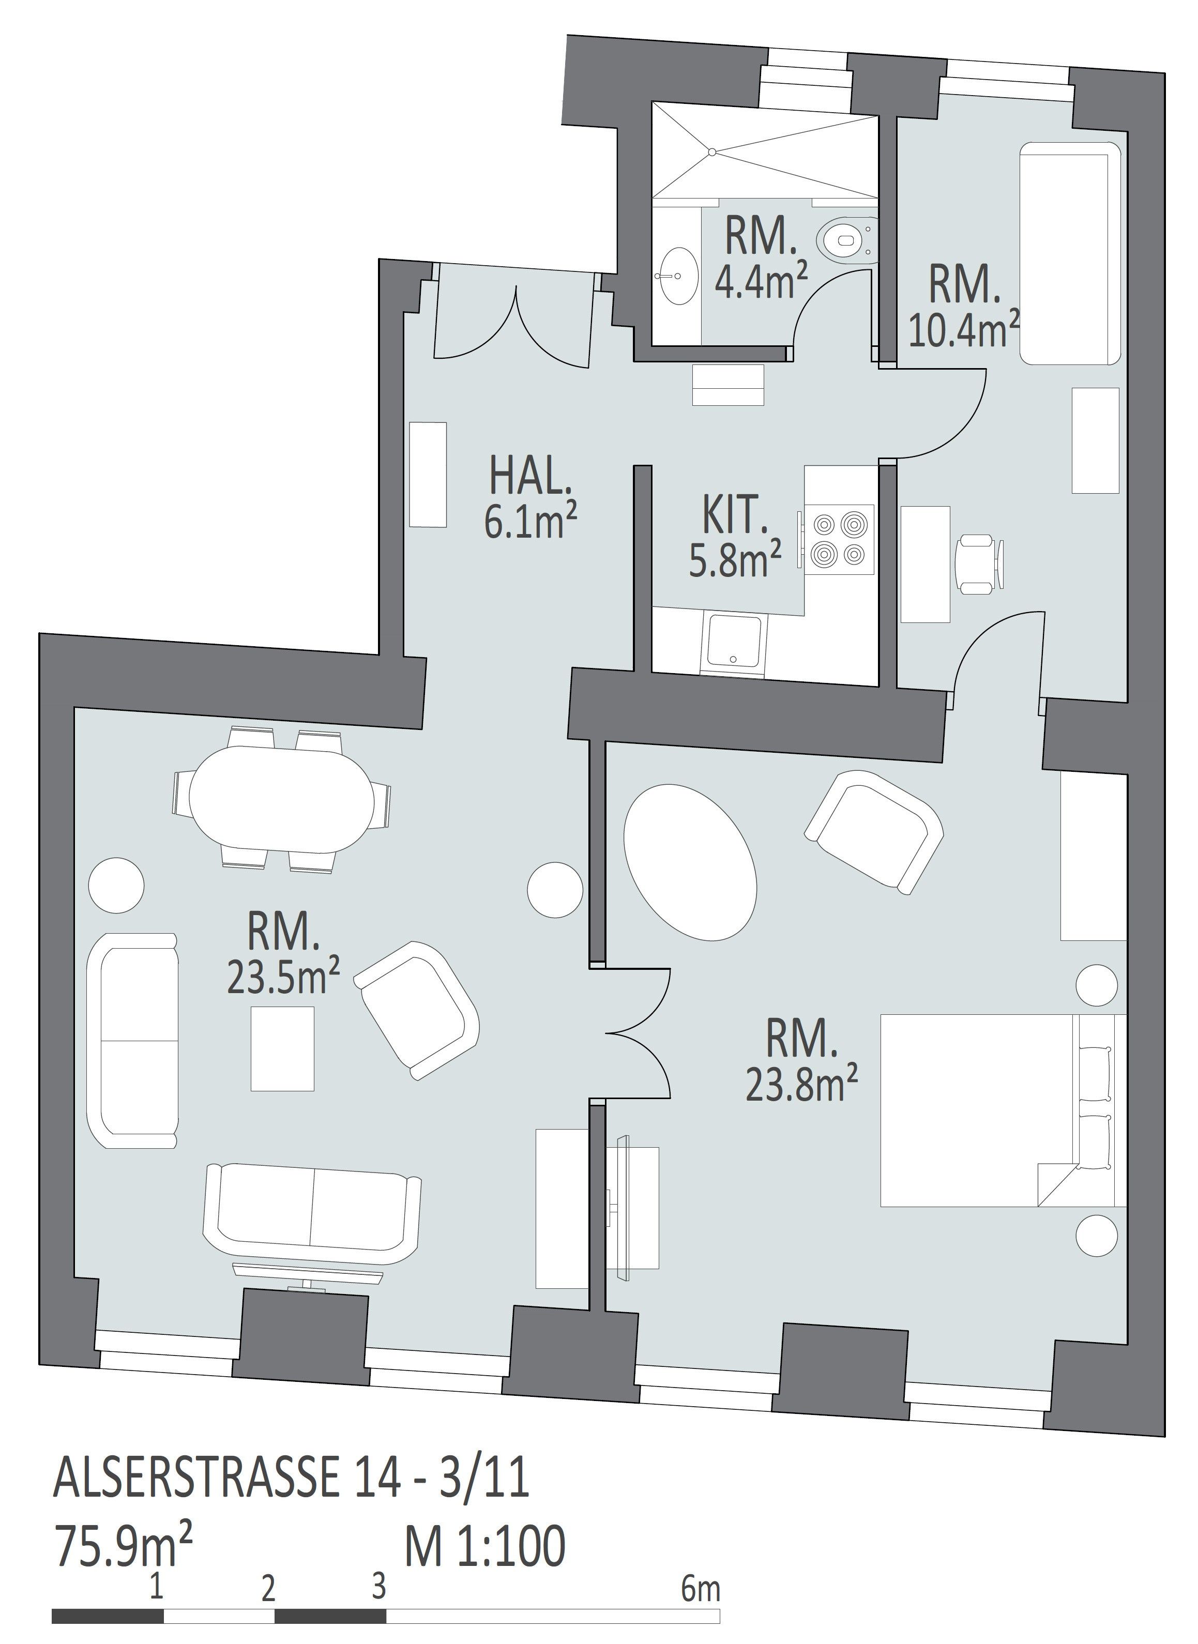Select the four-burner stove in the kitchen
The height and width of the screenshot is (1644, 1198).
click(840, 540)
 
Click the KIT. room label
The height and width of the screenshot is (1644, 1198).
click(734, 514)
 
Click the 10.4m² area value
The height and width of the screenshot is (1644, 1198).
click(964, 328)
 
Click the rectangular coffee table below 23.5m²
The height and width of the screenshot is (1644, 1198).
click(283, 1048)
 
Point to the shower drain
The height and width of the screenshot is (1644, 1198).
click(712, 151)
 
